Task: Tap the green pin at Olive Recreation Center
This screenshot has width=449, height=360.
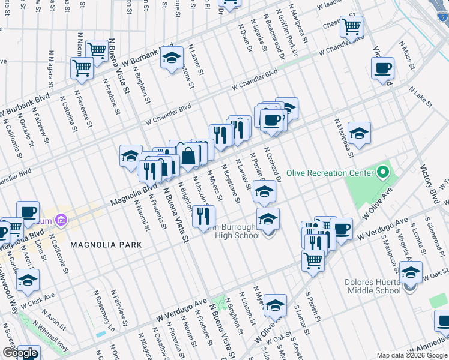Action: (384, 173)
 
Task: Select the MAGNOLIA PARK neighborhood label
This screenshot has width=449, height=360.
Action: (106, 245)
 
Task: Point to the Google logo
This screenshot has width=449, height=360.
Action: (20, 353)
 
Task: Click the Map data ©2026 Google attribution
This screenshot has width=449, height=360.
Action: (412, 355)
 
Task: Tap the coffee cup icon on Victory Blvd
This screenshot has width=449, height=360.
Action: (382, 68)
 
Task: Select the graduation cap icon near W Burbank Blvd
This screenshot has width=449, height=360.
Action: (172, 58)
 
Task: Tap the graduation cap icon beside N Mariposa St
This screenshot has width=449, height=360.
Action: (359, 133)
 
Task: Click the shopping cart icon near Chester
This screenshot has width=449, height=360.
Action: (352, 26)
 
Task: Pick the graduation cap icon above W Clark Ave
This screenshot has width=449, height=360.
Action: (28, 280)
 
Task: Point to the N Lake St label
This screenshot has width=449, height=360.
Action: (421, 97)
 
